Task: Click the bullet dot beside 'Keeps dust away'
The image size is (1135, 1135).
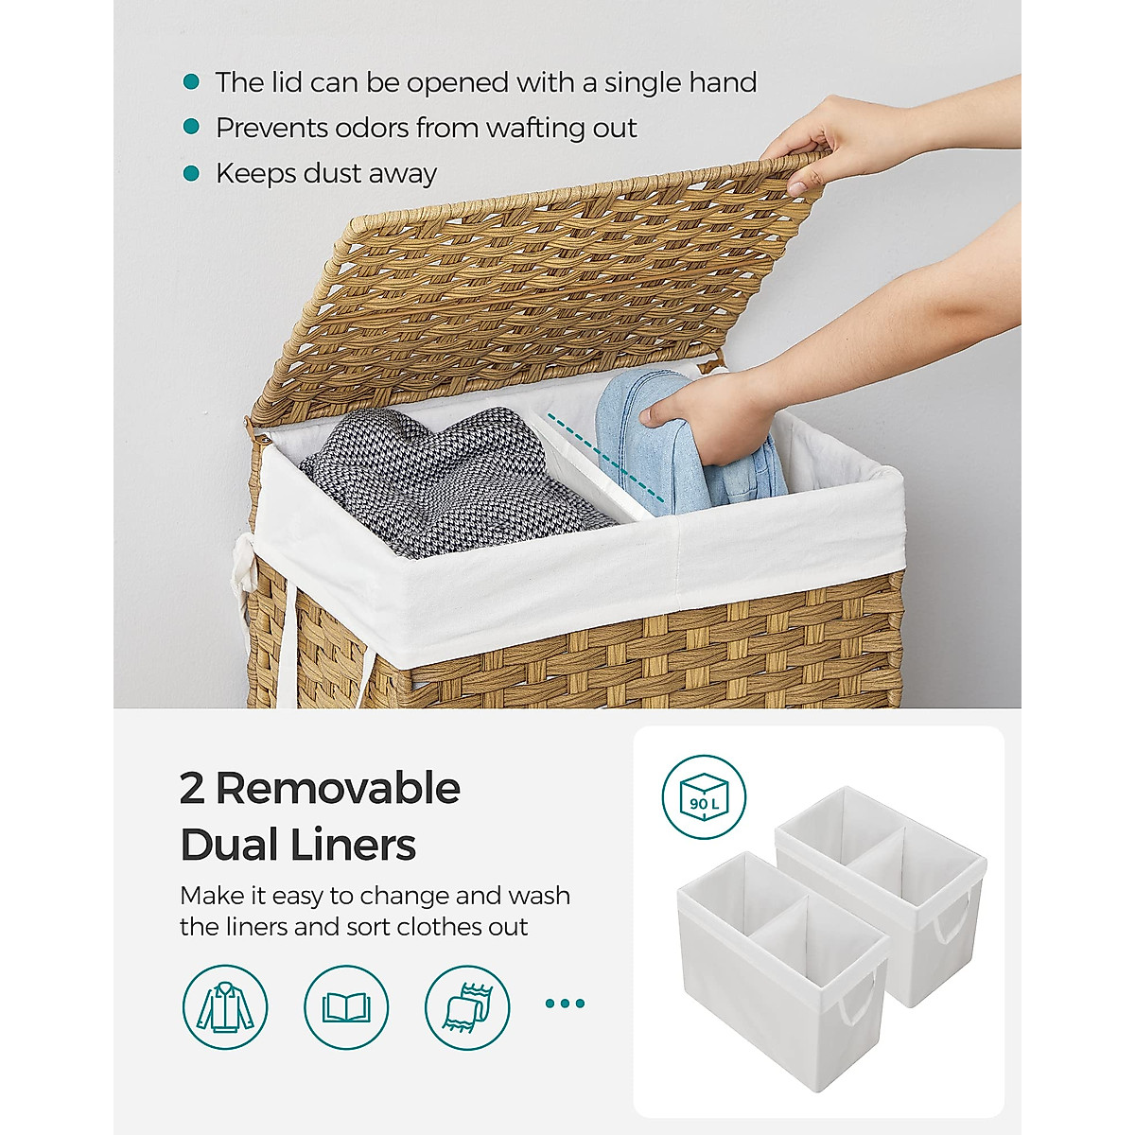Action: pos(192,173)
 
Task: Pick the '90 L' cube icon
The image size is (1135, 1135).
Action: pos(704,796)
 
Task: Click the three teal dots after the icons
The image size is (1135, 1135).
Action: pos(565,1004)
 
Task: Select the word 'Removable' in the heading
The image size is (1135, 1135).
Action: pos(339,788)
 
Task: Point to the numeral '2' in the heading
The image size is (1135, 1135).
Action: pos(192,788)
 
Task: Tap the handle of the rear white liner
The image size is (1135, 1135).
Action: pos(952,917)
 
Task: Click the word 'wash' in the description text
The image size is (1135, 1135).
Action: pos(538,895)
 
